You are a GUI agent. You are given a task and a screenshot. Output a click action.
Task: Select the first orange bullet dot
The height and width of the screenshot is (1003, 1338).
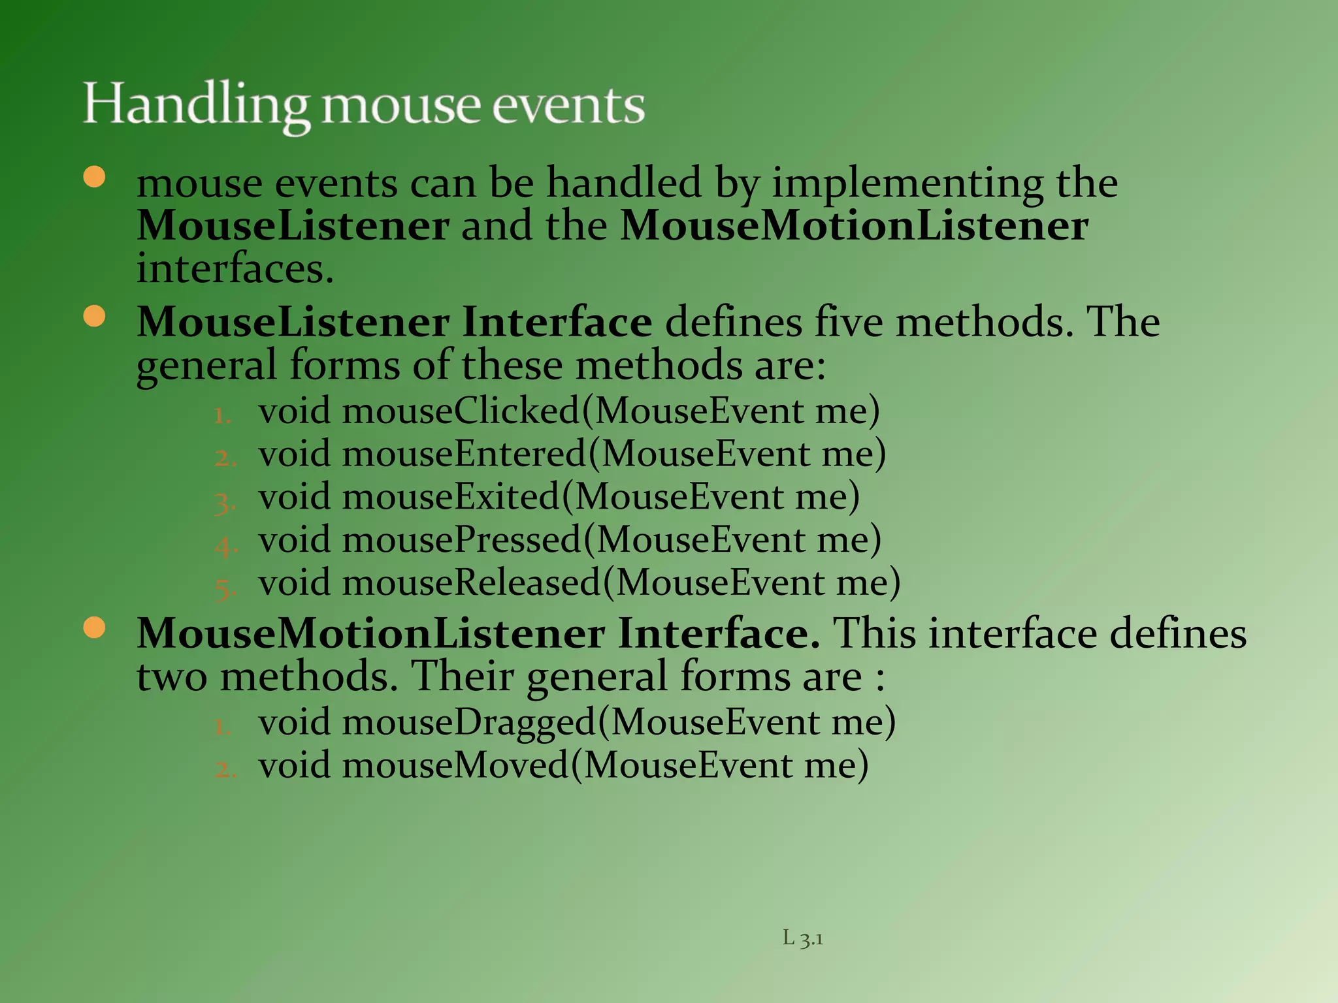coord(95,177)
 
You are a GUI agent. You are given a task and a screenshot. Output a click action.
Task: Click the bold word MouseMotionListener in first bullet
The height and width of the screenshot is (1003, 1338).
coord(853,226)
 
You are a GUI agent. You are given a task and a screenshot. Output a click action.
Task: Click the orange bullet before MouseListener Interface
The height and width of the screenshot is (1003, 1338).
coord(95,317)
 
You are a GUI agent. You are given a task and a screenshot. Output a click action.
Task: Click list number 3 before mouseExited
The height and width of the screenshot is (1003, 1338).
coord(225,501)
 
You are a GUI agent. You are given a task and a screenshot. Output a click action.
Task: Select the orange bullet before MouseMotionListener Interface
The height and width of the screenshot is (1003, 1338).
coord(95,628)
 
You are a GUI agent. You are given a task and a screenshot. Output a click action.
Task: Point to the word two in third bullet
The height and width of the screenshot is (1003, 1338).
coord(171,677)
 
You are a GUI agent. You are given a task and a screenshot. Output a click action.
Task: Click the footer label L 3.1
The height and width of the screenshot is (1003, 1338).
coord(803,938)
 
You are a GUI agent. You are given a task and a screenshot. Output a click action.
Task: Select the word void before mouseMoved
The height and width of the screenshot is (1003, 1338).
coord(294,765)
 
